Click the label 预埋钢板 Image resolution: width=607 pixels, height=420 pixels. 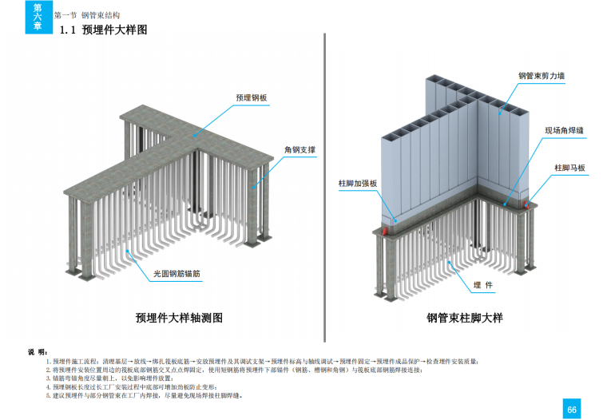coord(251,97)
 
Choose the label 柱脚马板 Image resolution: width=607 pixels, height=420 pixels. coord(570,168)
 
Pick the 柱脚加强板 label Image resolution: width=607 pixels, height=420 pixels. coord(358,183)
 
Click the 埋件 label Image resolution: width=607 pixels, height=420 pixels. coord(482,284)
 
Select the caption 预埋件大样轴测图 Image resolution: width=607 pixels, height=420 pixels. coord(179,318)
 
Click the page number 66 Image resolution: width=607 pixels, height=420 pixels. coord(572,409)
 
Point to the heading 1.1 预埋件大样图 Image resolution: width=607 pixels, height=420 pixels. coord(105,30)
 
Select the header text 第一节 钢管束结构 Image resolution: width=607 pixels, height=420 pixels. coord(86,15)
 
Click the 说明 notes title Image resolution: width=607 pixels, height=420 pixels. coord(38,351)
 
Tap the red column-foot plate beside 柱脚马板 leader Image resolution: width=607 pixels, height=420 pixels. coord(526,204)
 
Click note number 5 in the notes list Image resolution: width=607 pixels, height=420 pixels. coord(48,394)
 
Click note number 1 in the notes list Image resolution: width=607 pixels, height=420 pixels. coord(48,362)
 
